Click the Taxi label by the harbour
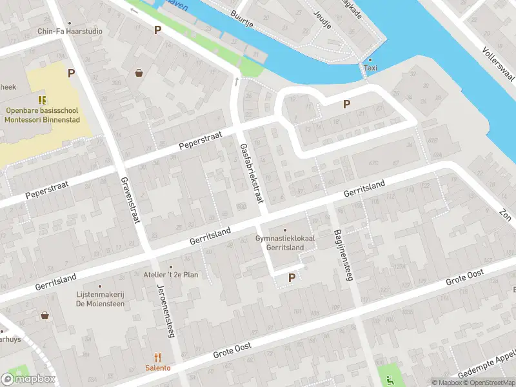(x=370, y=68)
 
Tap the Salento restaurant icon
(x=157, y=357)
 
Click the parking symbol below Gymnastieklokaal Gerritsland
(x=292, y=278)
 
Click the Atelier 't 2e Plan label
(x=171, y=274)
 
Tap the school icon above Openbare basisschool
(x=42, y=100)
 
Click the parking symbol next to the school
(x=71, y=74)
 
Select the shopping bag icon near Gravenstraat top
(x=139, y=73)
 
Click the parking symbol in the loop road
(x=347, y=104)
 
